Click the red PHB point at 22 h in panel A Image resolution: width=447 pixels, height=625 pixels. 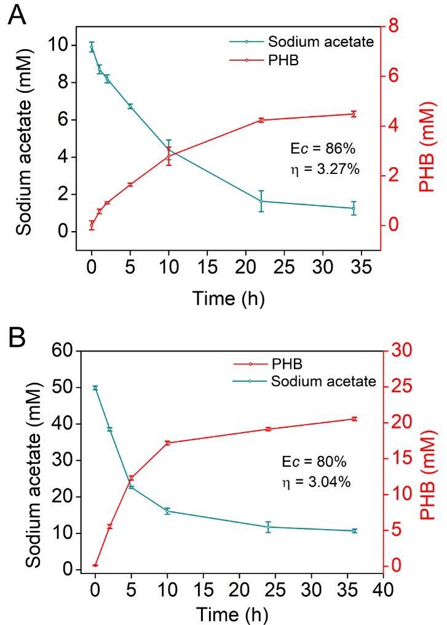[x=261, y=120]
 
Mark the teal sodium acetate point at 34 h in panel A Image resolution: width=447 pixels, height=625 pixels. [x=353, y=208]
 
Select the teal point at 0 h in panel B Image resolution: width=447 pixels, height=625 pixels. [x=95, y=388]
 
